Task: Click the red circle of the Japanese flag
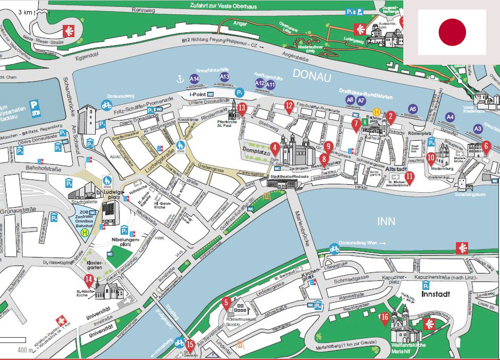coord(452,32)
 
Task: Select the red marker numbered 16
coord(385,318)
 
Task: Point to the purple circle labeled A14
coord(194,79)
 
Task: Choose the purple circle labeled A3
coord(478,128)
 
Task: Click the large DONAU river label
coord(311,76)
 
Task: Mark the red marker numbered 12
coord(289,106)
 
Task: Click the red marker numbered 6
coord(486,146)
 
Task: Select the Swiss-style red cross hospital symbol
coord(63,321)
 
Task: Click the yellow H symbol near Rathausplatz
coord(376,112)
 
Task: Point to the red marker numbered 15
coord(190,345)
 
